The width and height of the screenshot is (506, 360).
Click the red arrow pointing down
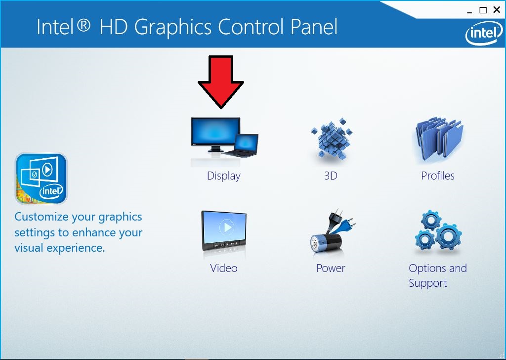(221, 82)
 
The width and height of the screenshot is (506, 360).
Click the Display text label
(224, 176)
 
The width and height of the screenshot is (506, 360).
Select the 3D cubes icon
(332, 138)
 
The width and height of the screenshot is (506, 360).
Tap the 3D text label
(331, 176)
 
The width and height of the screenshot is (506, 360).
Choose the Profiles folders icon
(439, 139)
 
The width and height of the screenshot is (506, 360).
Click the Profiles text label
(438, 176)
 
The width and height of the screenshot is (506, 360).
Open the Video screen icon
(224, 230)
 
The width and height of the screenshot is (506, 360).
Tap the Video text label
(224, 268)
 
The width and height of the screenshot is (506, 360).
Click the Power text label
(331, 269)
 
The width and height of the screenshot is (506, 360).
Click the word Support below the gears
(428, 283)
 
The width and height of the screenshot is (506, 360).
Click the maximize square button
(483, 10)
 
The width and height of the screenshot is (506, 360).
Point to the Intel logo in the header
(484, 33)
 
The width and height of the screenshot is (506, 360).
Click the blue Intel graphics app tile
(41, 179)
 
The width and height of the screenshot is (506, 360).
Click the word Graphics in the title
(172, 27)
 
